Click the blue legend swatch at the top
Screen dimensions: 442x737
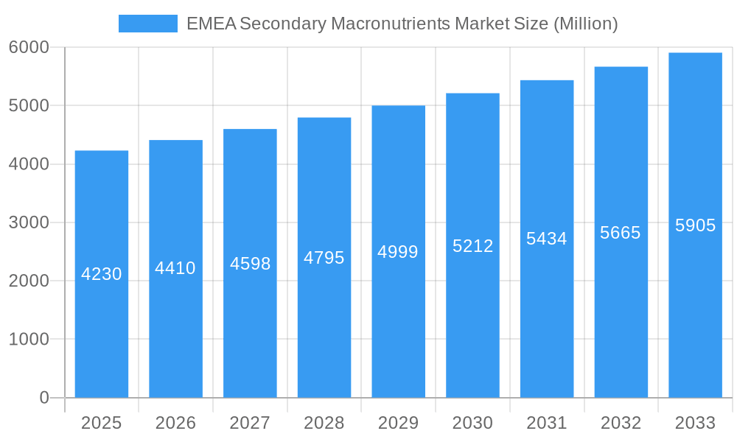pyautogui.click(x=147, y=24)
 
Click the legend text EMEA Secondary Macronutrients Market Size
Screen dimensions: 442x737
pyautogui.click(x=402, y=24)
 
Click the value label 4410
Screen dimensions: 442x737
pyautogui.click(x=175, y=268)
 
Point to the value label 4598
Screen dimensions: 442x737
pyautogui.click(x=250, y=264)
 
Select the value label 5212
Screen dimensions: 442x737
pyautogui.click(x=472, y=246)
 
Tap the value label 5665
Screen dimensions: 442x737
pyautogui.click(x=621, y=233)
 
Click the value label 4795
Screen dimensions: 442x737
pyautogui.click(x=324, y=258)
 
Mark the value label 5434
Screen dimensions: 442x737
pyautogui.click(x=547, y=239)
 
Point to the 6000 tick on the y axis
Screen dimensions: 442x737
pyautogui.click(x=29, y=47)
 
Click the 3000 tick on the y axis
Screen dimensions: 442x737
pyautogui.click(x=29, y=222)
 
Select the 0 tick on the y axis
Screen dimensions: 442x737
pyautogui.click(x=44, y=398)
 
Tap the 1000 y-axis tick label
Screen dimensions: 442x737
pyautogui.click(x=29, y=340)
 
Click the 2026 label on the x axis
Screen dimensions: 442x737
pyautogui.click(x=175, y=423)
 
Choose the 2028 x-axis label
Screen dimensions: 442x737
pyautogui.click(x=324, y=423)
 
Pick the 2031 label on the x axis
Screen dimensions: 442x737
pyautogui.click(x=547, y=423)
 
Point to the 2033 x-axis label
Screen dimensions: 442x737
pyautogui.click(x=695, y=423)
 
